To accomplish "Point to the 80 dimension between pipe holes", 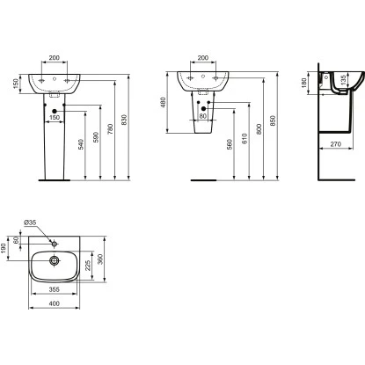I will [x=203, y=115].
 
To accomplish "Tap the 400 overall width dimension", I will [x=55, y=303].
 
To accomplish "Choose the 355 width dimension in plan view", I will [x=55, y=288].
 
